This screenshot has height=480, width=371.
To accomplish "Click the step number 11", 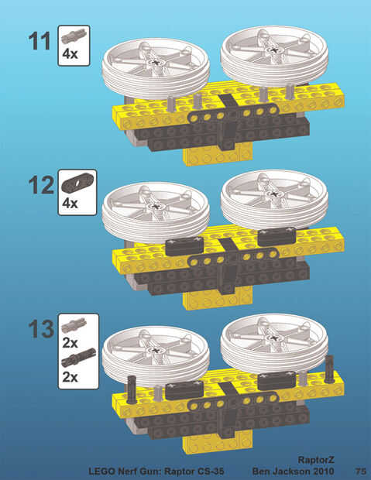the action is pyautogui.click(x=40, y=41).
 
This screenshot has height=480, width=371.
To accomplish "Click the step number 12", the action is pyautogui.click(x=41, y=185).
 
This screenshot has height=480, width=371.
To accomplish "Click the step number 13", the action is pyautogui.click(x=41, y=329).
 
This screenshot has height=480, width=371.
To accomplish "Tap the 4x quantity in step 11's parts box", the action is pyautogui.click(x=70, y=54).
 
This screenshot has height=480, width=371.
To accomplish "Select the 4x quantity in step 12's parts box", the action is pyautogui.click(x=70, y=203).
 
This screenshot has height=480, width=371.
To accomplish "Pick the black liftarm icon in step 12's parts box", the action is pyautogui.click(x=77, y=183).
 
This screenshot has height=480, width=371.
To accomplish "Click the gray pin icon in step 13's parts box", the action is pyautogui.click(x=74, y=325).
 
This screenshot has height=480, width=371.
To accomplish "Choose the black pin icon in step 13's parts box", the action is pyautogui.click(x=78, y=357).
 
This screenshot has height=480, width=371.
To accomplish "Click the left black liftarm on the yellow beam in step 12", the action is pyautogui.click(x=184, y=246).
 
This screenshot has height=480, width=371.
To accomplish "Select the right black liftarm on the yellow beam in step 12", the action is pyautogui.click(x=277, y=237).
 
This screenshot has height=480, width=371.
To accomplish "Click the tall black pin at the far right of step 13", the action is pyautogui.click(x=329, y=369).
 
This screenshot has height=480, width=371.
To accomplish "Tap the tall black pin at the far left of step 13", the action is pyautogui.click(x=132, y=389).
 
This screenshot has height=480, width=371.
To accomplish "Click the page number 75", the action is pyautogui.click(x=361, y=471).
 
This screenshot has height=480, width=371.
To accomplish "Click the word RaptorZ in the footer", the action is pyautogui.click(x=316, y=460).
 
